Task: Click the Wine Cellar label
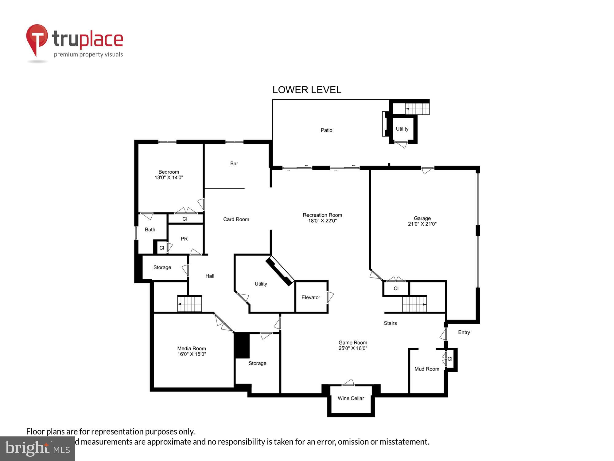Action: tap(351, 398)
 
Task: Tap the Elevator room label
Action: tap(311, 297)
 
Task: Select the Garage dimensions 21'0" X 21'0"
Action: tap(422, 224)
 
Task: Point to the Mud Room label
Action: tap(427, 369)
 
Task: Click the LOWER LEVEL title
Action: tap(307, 90)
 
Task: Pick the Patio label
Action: tap(326, 130)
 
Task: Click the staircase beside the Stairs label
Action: tap(414, 304)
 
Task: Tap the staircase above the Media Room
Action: tap(190, 304)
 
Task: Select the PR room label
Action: tap(184, 239)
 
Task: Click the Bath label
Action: tap(150, 230)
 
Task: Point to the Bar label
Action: tap(234, 164)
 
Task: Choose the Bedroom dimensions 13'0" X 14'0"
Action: tap(169, 178)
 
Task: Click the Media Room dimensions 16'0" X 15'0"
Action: tap(192, 354)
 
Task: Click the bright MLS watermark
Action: tap(37, 449)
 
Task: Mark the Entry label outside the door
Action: tap(464, 332)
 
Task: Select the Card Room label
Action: tap(236, 219)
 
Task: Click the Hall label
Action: tap(210, 276)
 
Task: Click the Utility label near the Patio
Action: tap(402, 129)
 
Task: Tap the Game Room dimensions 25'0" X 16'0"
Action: tap(353, 348)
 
